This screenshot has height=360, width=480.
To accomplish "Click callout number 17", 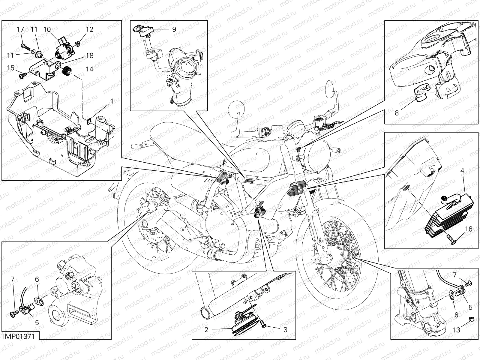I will pos(20,29).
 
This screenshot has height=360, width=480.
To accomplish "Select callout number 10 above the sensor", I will pos(47,29).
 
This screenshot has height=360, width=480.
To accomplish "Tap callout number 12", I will pos(90,29).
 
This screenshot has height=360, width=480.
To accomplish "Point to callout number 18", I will pos(89,55).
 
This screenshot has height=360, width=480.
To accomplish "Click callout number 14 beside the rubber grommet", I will pos(89,69).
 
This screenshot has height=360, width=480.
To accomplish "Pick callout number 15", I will pos(11,68).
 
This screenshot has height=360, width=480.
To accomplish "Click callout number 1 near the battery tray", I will pos(112,101).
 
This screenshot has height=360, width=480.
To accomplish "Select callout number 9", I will pos(174,29).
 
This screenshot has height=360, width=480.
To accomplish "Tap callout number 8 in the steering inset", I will pos(397,113).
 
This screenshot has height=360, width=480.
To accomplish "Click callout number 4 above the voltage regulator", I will pos(462,171).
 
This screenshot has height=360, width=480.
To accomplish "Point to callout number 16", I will pos(469,229).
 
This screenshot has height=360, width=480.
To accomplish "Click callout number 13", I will pos(456,330).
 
